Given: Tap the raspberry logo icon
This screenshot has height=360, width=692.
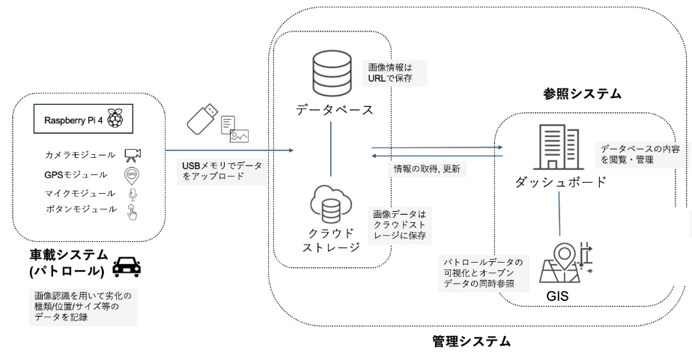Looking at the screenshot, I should pos(116,119).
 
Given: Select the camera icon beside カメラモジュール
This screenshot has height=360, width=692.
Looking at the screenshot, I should pos(133,155).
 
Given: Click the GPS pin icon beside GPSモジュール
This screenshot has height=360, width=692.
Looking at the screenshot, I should pos(133,174).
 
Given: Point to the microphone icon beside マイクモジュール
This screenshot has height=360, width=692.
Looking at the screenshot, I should pos(133,192).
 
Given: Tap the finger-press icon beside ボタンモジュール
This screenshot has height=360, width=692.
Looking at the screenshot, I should pos(133,210).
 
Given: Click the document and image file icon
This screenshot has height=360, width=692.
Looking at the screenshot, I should pos(235,128).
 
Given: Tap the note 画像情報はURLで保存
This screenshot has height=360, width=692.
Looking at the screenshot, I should pos(386,71).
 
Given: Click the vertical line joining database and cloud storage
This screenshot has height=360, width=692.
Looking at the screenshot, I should pos(331,149).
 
